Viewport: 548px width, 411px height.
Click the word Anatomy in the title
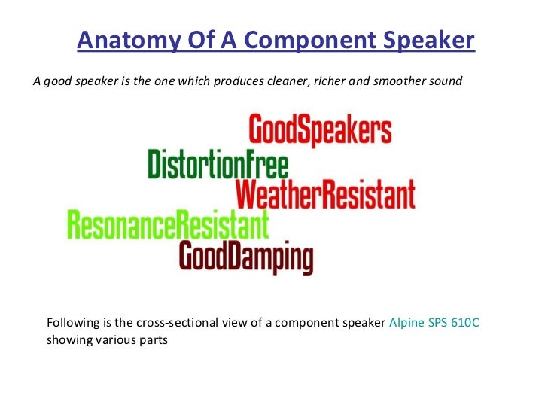click(x=129, y=40)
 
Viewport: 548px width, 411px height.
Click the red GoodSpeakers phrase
click(x=320, y=129)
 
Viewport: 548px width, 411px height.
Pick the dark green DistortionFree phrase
click(x=218, y=164)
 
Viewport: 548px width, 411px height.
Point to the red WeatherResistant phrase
click(x=325, y=194)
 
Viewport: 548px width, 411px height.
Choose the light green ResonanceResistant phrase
click(x=168, y=224)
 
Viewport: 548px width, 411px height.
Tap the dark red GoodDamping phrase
click(x=246, y=257)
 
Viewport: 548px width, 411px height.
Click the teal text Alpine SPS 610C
click(x=434, y=322)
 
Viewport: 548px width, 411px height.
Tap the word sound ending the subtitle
click(x=446, y=81)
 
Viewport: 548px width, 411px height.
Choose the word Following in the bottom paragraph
click(x=73, y=323)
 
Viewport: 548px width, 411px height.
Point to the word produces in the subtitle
click(x=239, y=82)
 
